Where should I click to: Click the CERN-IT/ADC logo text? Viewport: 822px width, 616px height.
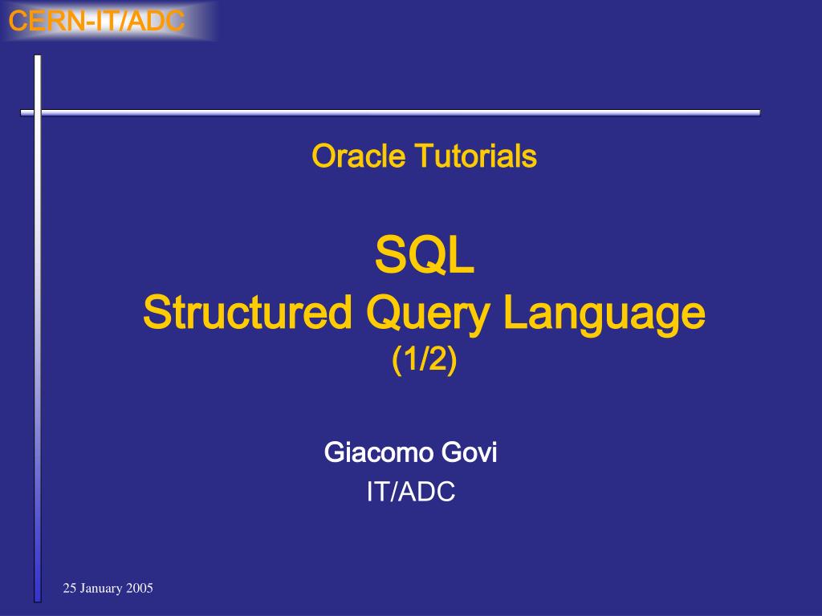click(96, 21)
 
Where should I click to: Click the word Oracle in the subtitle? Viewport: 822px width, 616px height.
click(359, 156)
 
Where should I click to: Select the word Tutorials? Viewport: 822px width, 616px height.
click(476, 156)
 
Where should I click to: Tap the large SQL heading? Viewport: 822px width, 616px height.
click(425, 255)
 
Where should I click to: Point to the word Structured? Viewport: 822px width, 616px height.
click(247, 312)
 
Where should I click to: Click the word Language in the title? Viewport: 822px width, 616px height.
click(604, 314)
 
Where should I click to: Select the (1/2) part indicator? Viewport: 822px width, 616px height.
click(425, 359)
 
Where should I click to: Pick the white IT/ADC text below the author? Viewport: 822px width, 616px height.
click(411, 492)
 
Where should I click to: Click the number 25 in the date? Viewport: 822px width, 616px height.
click(70, 588)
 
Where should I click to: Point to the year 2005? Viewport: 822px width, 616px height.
click(140, 588)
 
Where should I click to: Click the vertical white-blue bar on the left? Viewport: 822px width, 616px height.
click(38, 328)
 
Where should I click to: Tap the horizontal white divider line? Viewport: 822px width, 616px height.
click(391, 112)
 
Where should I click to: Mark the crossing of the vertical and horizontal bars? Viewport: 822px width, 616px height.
click(38, 112)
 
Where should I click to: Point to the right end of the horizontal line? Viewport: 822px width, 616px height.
click(760, 112)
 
